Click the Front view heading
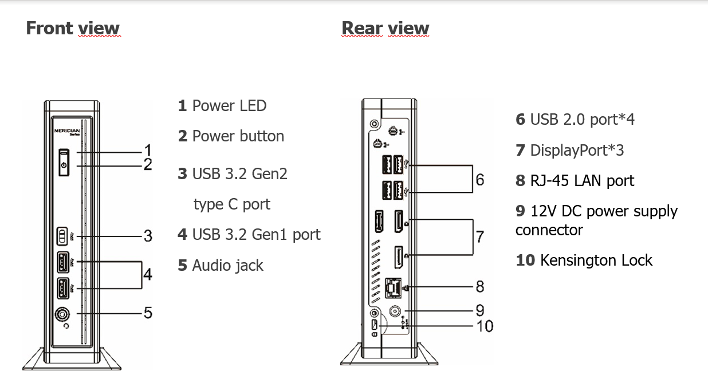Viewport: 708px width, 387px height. (x=73, y=28)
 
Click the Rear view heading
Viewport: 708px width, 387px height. (x=385, y=28)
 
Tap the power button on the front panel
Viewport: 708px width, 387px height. (x=64, y=165)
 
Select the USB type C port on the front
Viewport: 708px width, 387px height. (x=63, y=236)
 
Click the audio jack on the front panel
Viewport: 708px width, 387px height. (x=63, y=314)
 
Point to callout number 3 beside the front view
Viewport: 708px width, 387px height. (x=148, y=235)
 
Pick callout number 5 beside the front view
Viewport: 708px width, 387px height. (x=148, y=313)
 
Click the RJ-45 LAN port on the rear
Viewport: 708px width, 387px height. (x=394, y=286)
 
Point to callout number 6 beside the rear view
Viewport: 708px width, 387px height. (x=480, y=179)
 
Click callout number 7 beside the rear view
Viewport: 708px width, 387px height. (x=480, y=236)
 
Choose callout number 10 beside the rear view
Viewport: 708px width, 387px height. (x=485, y=326)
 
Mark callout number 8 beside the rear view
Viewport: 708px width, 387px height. (x=480, y=285)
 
